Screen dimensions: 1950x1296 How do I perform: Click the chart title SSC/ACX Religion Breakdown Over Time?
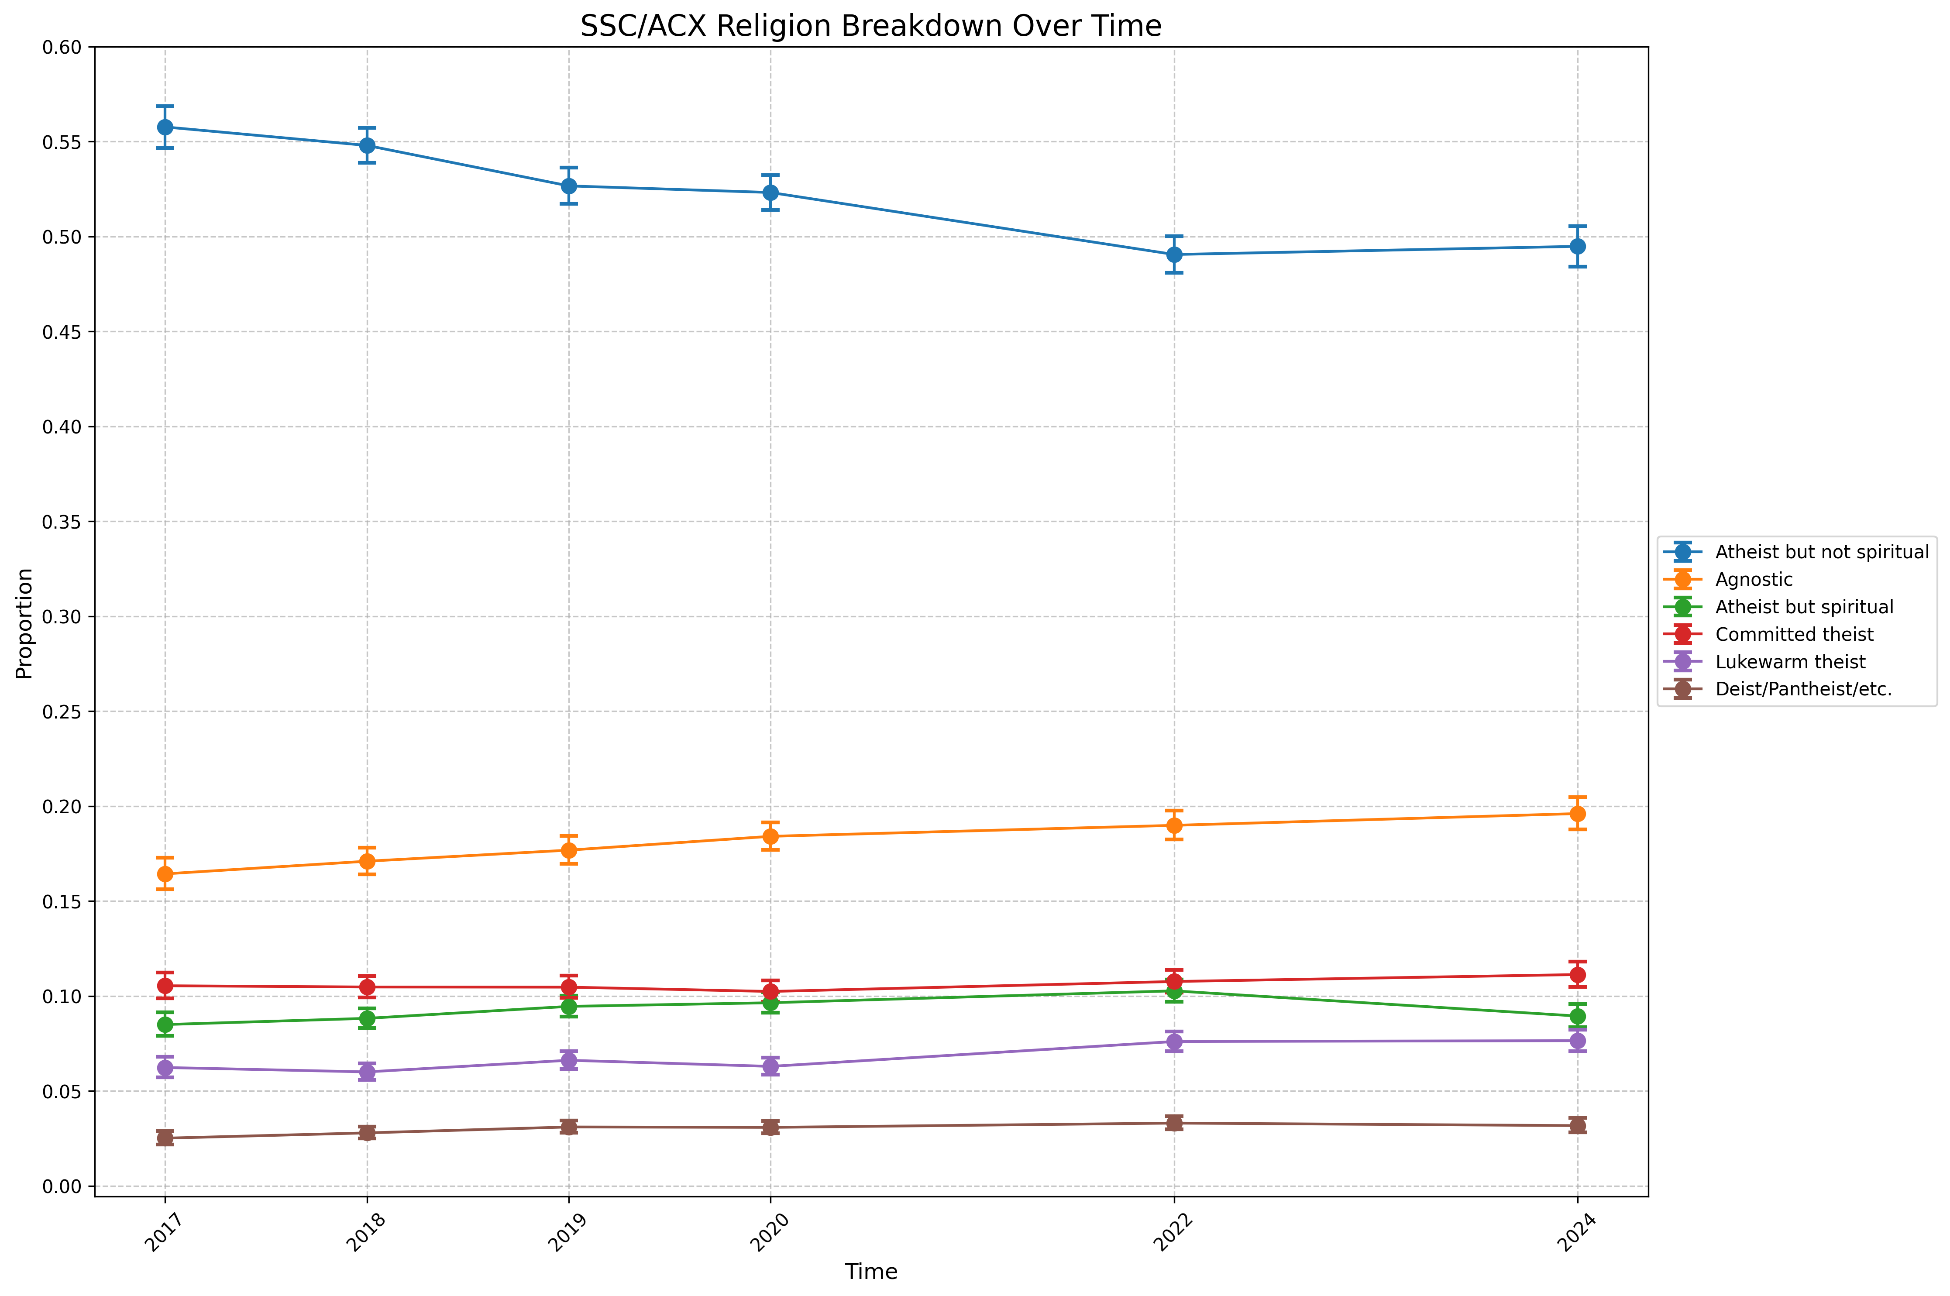click(x=870, y=27)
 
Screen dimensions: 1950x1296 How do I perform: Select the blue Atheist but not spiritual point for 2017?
click(x=165, y=127)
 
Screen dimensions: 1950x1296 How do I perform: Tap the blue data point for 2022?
click(x=1174, y=254)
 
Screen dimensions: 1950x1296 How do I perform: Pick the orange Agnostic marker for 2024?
click(x=1577, y=814)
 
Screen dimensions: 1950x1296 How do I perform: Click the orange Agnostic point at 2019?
click(x=569, y=850)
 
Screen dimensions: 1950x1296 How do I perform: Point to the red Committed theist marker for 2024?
click(x=1577, y=974)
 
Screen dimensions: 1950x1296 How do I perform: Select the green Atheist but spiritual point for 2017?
click(x=165, y=1025)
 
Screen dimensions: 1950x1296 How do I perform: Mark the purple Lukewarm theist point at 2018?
click(x=367, y=1072)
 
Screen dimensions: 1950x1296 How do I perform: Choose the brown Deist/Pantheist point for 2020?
click(x=770, y=1128)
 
